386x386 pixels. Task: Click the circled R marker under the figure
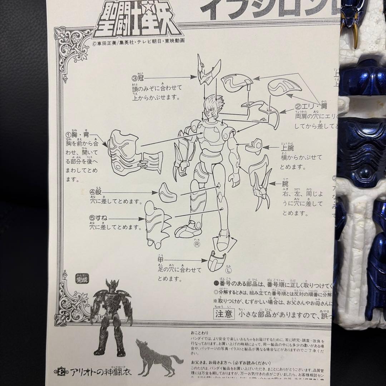(x=197, y=244)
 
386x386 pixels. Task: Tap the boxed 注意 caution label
(x=224, y=314)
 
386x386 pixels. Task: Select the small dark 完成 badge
(x=82, y=279)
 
